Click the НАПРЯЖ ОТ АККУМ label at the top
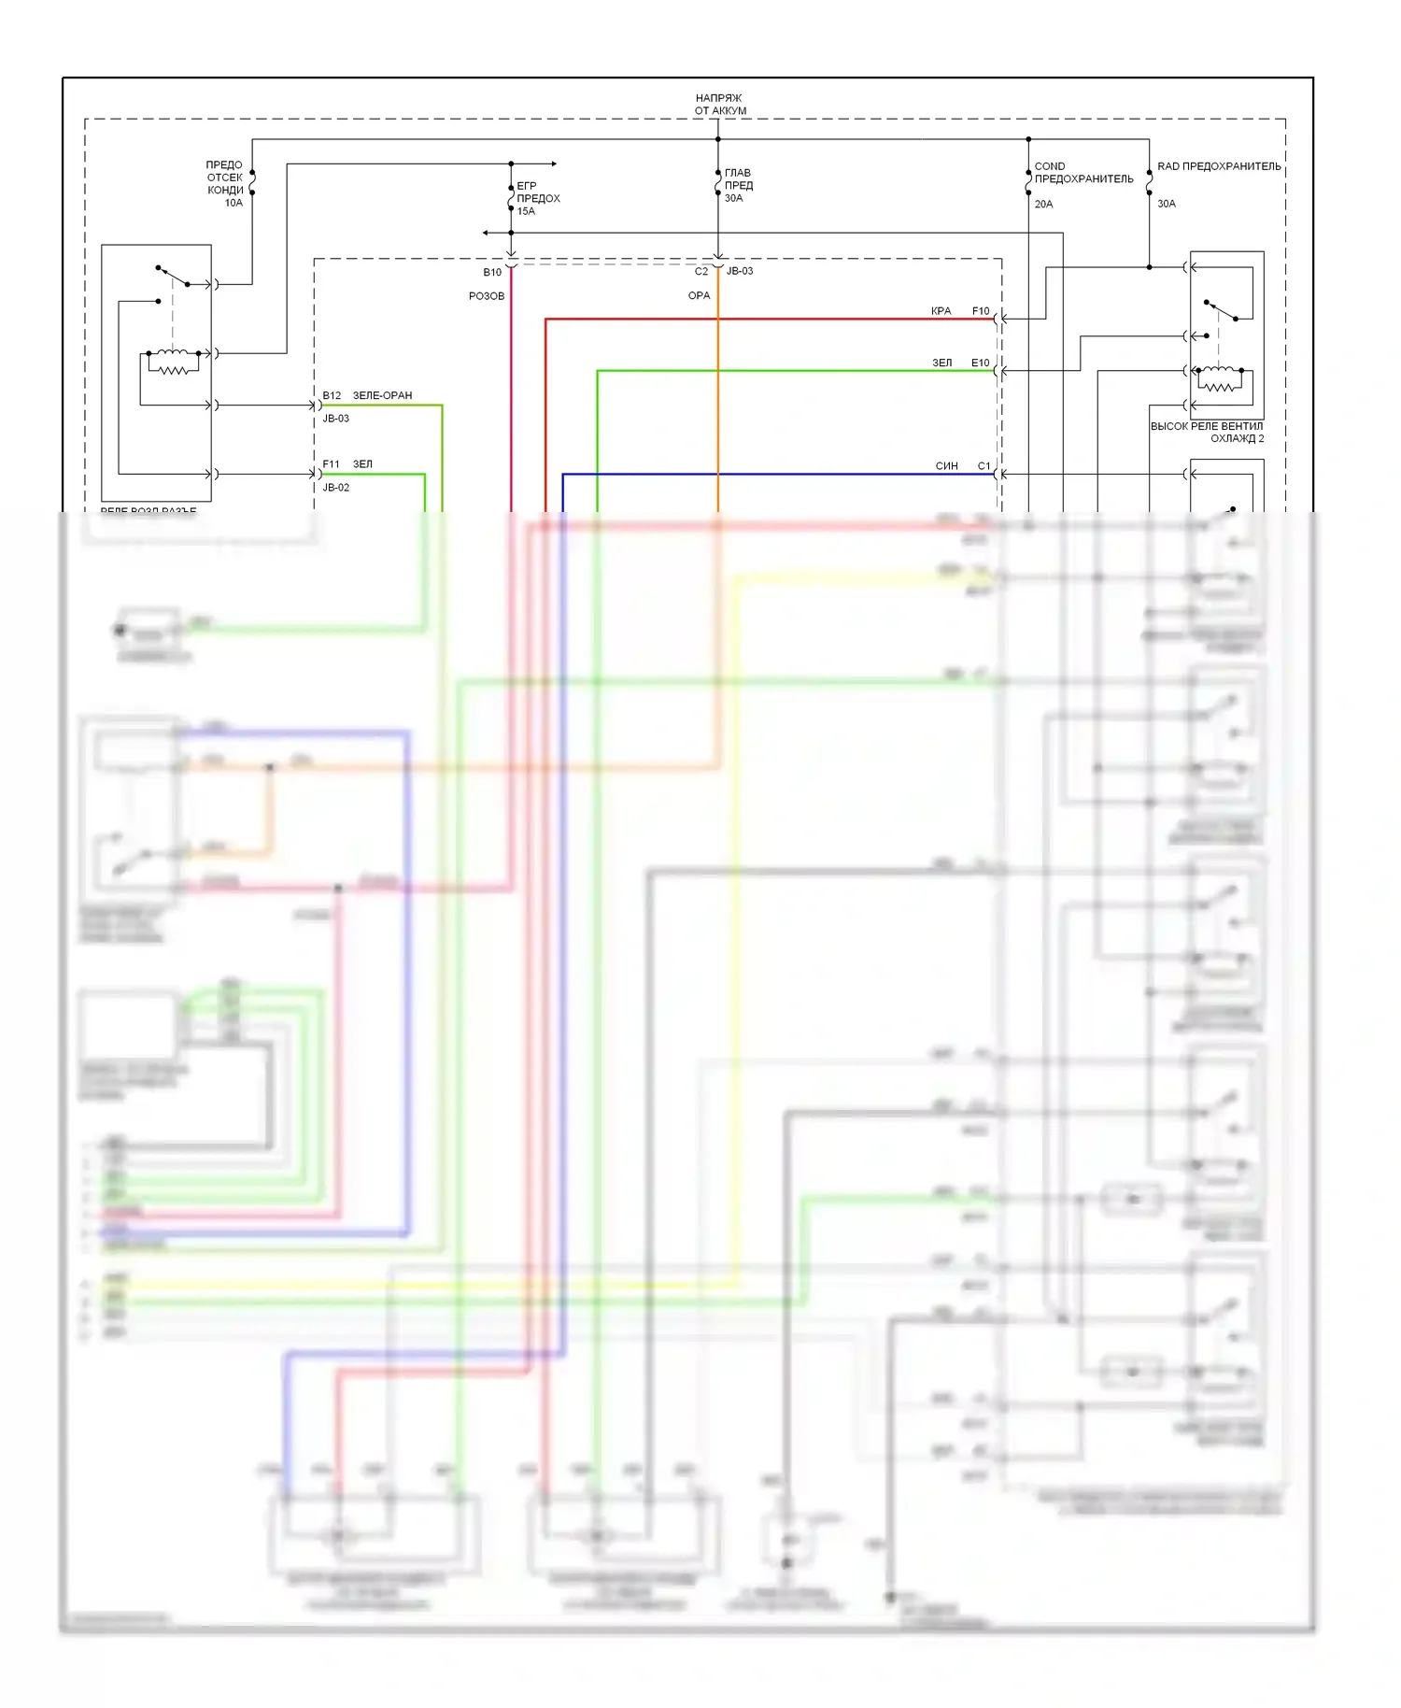click(x=719, y=104)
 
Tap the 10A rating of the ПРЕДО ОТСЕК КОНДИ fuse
click(x=233, y=203)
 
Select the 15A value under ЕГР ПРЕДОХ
click(x=527, y=211)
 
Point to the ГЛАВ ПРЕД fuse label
click(x=738, y=178)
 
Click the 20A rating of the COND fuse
click(x=1043, y=204)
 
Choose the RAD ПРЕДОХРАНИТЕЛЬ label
click(x=1219, y=166)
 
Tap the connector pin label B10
click(x=492, y=272)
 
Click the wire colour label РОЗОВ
click(x=487, y=296)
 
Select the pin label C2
click(x=701, y=271)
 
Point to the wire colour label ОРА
click(x=699, y=295)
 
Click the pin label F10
click(x=981, y=311)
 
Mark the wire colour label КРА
click(x=941, y=311)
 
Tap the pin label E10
click(x=980, y=363)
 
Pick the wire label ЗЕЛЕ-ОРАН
click(x=382, y=395)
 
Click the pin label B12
click(x=332, y=395)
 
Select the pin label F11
click(x=332, y=464)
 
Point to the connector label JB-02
click(x=336, y=488)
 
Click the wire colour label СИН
click(x=946, y=465)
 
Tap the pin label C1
click(x=984, y=465)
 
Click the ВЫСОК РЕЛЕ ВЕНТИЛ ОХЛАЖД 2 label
click(x=1207, y=432)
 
